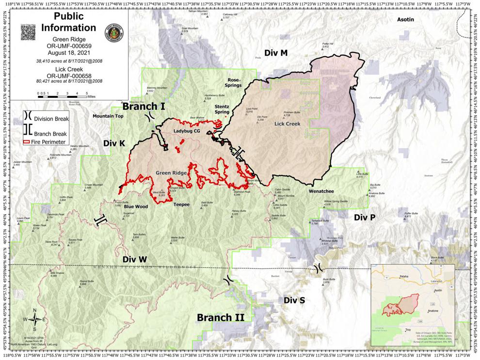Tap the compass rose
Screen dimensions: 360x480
click(35, 319)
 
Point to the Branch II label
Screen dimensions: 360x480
click(220, 317)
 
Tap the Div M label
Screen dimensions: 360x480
click(276, 53)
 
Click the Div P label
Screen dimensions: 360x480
click(364, 217)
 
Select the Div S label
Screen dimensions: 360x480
click(294, 300)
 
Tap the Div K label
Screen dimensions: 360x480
click(114, 143)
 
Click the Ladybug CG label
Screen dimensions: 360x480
click(187, 131)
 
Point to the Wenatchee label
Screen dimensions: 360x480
click(322, 191)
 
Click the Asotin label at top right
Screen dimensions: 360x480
click(405, 20)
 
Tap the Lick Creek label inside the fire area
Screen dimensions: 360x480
click(288, 124)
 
